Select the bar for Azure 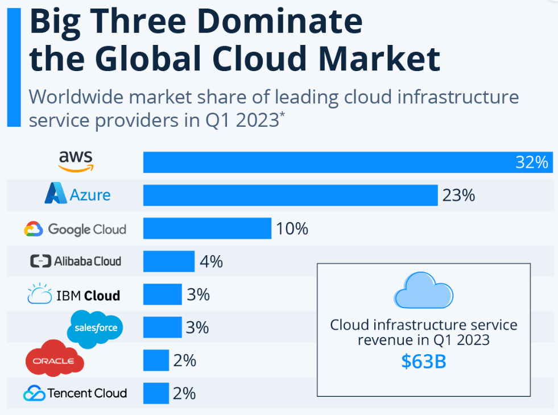click(290, 195)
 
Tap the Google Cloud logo click(75, 229)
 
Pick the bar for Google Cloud click(207, 229)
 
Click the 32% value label click(531, 163)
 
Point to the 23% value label click(458, 196)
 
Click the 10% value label click(292, 229)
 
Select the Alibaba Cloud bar click(168, 262)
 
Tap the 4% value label click(211, 262)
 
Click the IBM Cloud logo click(74, 295)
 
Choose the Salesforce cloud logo click(96, 329)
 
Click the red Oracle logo click(55, 359)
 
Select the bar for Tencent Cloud click(156, 393)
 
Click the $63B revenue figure click(423, 362)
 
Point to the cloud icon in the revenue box click(423, 290)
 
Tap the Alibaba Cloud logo click(76, 262)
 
